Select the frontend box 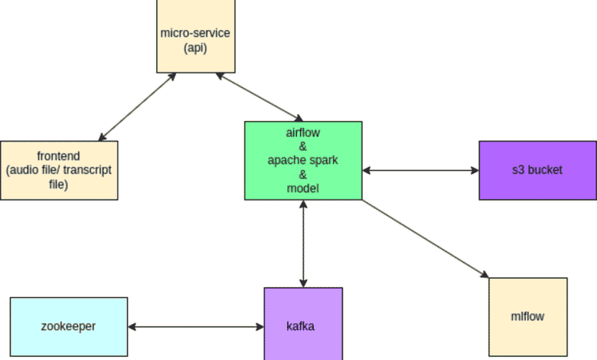[59, 170]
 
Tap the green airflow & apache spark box [303, 160]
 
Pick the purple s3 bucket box [538, 170]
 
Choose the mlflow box [528, 316]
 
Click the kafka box [303, 326]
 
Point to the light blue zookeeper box [69, 326]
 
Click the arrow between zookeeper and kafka [196, 327]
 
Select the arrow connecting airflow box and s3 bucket [421, 170]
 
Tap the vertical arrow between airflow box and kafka [304, 244]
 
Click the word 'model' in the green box [303, 188]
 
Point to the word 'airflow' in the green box [303, 133]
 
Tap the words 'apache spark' [303, 160]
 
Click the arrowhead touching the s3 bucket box [474, 170]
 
